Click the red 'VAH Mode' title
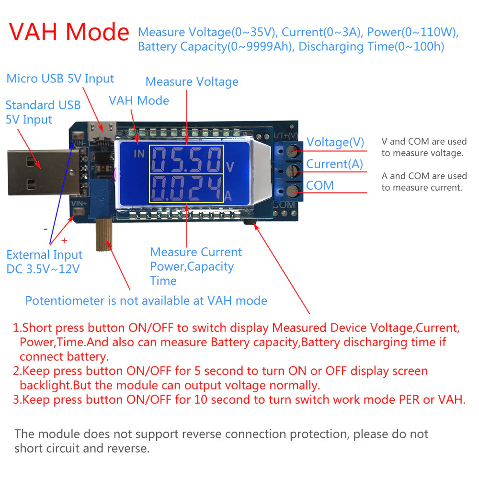pyautogui.click(x=69, y=32)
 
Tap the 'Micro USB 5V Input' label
pyautogui.click(x=60, y=79)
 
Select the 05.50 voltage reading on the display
pyautogui.click(x=186, y=160)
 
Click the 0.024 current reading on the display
pyautogui.click(x=186, y=188)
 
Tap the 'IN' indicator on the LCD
pyautogui.click(x=139, y=153)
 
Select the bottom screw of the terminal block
pyautogui.click(x=291, y=193)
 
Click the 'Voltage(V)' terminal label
pyautogui.click(x=335, y=142)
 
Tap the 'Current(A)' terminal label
pyautogui.click(x=335, y=164)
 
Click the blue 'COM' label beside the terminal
pyautogui.click(x=319, y=185)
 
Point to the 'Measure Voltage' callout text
pyautogui.click(x=192, y=82)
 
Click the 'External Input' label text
pyautogui.click(x=44, y=255)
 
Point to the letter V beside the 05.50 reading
pyautogui.click(x=230, y=167)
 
